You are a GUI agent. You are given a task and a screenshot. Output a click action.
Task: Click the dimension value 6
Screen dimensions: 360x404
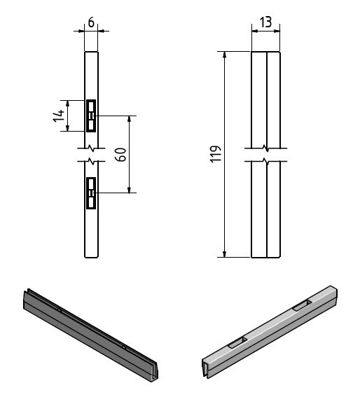(x=91, y=22)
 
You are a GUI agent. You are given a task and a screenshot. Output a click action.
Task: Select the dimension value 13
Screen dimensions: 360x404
(x=265, y=22)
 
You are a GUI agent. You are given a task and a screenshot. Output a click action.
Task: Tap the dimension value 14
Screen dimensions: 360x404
(x=59, y=116)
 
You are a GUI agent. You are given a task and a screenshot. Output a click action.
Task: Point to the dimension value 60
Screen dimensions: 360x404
(x=120, y=155)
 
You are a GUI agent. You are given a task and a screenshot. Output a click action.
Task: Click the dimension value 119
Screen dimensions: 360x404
(x=216, y=154)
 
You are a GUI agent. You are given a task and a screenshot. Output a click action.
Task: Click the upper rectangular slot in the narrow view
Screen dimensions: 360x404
(x=91, y=116)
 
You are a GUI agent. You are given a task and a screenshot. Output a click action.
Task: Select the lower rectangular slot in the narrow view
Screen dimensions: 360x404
(x=91, y=193)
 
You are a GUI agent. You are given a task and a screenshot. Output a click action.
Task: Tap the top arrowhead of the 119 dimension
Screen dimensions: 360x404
(x=225, y=55)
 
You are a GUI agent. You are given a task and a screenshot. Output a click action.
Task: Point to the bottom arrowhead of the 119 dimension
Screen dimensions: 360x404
(x=225, y=253)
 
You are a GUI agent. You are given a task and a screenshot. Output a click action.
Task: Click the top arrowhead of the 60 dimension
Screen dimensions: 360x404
(x=130, y=119)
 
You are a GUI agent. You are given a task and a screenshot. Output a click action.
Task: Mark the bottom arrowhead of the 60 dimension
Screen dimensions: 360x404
(x=130, y=190)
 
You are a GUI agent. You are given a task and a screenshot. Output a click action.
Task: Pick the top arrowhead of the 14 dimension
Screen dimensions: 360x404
(x=67, y=104)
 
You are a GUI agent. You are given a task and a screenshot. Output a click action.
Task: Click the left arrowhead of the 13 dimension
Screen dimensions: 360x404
(x=255, y=32)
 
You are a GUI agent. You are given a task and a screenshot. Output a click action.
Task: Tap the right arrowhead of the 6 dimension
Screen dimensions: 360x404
(x=102, y=32)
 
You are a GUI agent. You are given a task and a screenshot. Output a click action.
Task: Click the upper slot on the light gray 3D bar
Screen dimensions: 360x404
(x=302, y=305)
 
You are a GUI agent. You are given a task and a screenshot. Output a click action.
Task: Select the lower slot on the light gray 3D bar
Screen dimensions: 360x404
(x=237, y=343)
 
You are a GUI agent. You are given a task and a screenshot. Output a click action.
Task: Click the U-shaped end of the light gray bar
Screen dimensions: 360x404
(x=207, y=368)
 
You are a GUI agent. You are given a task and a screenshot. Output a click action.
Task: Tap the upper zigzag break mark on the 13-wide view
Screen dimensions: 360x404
(x=265, y=148)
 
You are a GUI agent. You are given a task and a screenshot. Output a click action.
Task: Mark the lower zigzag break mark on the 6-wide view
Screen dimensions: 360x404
(x=91, y=162)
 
